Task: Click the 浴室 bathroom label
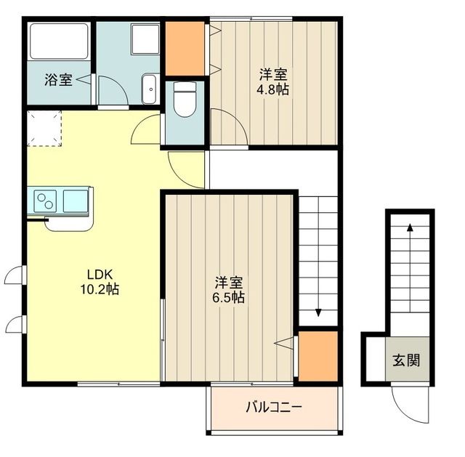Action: (58, 80)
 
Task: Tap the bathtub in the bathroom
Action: (59, 41)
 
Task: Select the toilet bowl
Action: (187, 101)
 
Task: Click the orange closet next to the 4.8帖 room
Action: (185, 49)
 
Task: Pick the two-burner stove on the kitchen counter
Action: (44, 201)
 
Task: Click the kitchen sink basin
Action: (75, 201)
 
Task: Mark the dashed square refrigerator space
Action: (44, 128)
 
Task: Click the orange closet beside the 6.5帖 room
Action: (318, 355)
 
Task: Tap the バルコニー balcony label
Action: (273, 406)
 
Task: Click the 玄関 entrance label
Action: (407, 360)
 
